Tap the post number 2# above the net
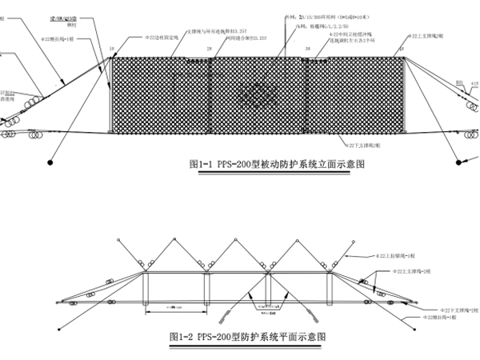click(209, 50)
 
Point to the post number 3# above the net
click(306, 50)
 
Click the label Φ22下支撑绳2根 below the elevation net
click(364, 146)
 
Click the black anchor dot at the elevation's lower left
click(51, 162)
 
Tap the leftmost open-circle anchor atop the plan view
click(118, 239)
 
